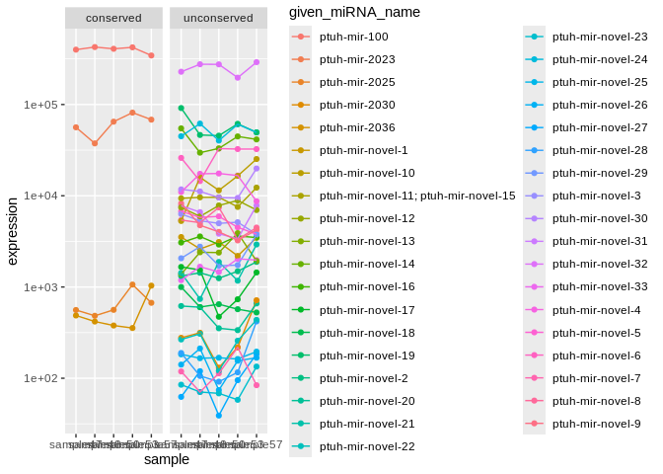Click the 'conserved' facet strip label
pos(113,18)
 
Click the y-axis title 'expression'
pos(12,231)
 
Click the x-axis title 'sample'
pos(166,459)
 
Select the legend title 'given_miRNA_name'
pos(354,12)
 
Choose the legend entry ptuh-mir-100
pos(354,37)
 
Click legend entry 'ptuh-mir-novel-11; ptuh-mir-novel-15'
pos(417,196)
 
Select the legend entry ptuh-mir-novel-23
pos(600,37)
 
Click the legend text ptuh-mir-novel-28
pos(600,150)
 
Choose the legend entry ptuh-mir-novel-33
pos(600,286)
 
